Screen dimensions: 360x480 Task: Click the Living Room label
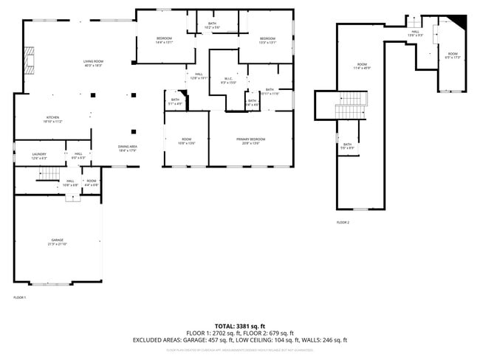coord(92,63)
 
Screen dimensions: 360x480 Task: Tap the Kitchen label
coord(53,119)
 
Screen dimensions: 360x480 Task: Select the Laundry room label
coord(39,156)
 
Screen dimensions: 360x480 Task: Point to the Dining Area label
coord(128,148)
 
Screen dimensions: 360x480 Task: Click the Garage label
coord(57,242)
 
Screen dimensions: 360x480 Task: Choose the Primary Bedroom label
coord(251,141)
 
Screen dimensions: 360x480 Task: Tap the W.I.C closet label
coord(228,80)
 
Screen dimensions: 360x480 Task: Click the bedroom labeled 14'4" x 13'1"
coord(164,40)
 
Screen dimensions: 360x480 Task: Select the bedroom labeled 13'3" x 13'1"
coord(267,40)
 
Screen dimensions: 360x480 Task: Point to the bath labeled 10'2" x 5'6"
coord(212,26)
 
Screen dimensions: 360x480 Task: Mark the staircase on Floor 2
coord(351,105)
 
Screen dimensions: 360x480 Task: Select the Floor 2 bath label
coord(348,146)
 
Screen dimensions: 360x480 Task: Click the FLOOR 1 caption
coord(20,297)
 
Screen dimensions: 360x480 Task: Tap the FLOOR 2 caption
coord(343,222)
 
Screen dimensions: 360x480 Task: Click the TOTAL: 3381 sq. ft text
coord(240,325)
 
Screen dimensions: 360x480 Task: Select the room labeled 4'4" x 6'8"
coord(91,182)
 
